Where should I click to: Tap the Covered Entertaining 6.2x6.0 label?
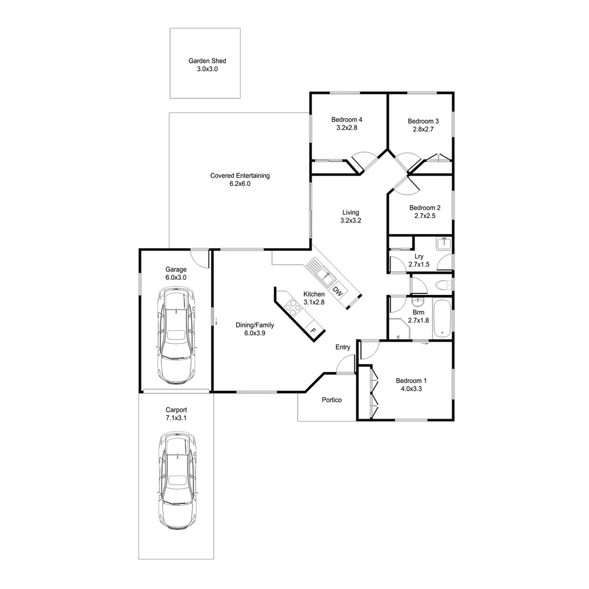tap(240, 179)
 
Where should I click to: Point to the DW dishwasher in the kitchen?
tap(338, 292)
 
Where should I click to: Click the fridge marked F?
tap(313, 330)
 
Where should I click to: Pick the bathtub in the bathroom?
tap(442, 318)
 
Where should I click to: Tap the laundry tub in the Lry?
tap(444, 244)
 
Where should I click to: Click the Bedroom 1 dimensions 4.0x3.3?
tap(412, 389)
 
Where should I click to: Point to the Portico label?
tap(332, 400)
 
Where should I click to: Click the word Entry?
tap(343, 347)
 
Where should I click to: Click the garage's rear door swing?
tap(200, 257)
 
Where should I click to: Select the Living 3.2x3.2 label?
tap(351, 217)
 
